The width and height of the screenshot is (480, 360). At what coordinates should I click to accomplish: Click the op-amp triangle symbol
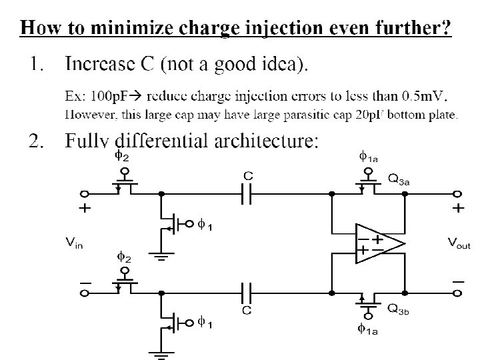(x=377, y=243)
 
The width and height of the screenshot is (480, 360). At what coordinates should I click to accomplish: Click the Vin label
(x=74, y=244)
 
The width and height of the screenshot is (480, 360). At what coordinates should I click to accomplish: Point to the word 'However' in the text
(x=90, y=114)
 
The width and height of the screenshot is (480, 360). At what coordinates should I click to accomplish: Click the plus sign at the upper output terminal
(x=459, y=209)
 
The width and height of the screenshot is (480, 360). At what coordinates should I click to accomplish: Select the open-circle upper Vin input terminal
(x=85, y=194)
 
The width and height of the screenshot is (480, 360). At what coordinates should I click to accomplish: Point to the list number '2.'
(x=37, y=142)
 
